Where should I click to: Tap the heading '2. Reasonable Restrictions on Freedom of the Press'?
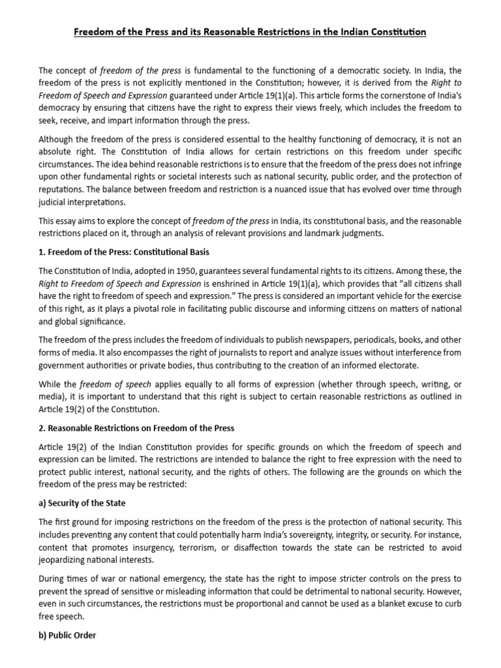pyautogui.click(x=136, y=428)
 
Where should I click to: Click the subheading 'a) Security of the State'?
pyautogui.click(x=82, y=504)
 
